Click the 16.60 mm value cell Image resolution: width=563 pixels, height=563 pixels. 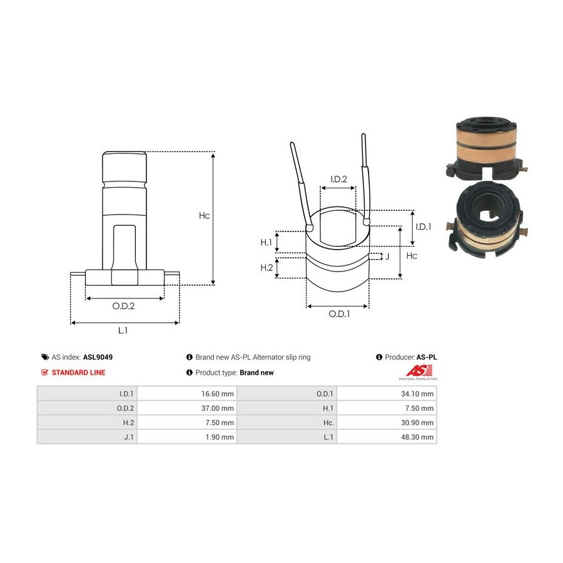217,394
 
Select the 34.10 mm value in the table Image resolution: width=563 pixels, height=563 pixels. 417,394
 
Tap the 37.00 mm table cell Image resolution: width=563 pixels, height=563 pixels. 217,408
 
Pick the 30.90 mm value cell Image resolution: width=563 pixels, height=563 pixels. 417,423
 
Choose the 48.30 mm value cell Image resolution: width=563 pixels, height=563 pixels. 417,437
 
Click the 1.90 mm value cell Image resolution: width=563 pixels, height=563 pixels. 220,437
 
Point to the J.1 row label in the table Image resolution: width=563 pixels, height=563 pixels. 128,437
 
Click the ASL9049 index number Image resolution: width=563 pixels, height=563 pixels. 98,357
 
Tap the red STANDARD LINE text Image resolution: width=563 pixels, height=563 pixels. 78,373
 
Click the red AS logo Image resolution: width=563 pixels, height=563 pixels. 418,370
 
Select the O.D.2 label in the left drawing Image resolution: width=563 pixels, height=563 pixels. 123,306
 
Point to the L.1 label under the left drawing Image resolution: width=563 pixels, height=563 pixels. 123,330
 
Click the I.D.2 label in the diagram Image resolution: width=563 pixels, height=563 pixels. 338,179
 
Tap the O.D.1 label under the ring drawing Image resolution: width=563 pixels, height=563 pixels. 339,314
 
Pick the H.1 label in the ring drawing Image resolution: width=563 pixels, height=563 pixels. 266,242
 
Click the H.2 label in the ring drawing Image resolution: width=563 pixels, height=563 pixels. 266,268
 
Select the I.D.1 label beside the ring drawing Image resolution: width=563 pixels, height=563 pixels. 424,226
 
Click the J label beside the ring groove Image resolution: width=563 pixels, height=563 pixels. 387,256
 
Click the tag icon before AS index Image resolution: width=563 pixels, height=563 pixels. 45,357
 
